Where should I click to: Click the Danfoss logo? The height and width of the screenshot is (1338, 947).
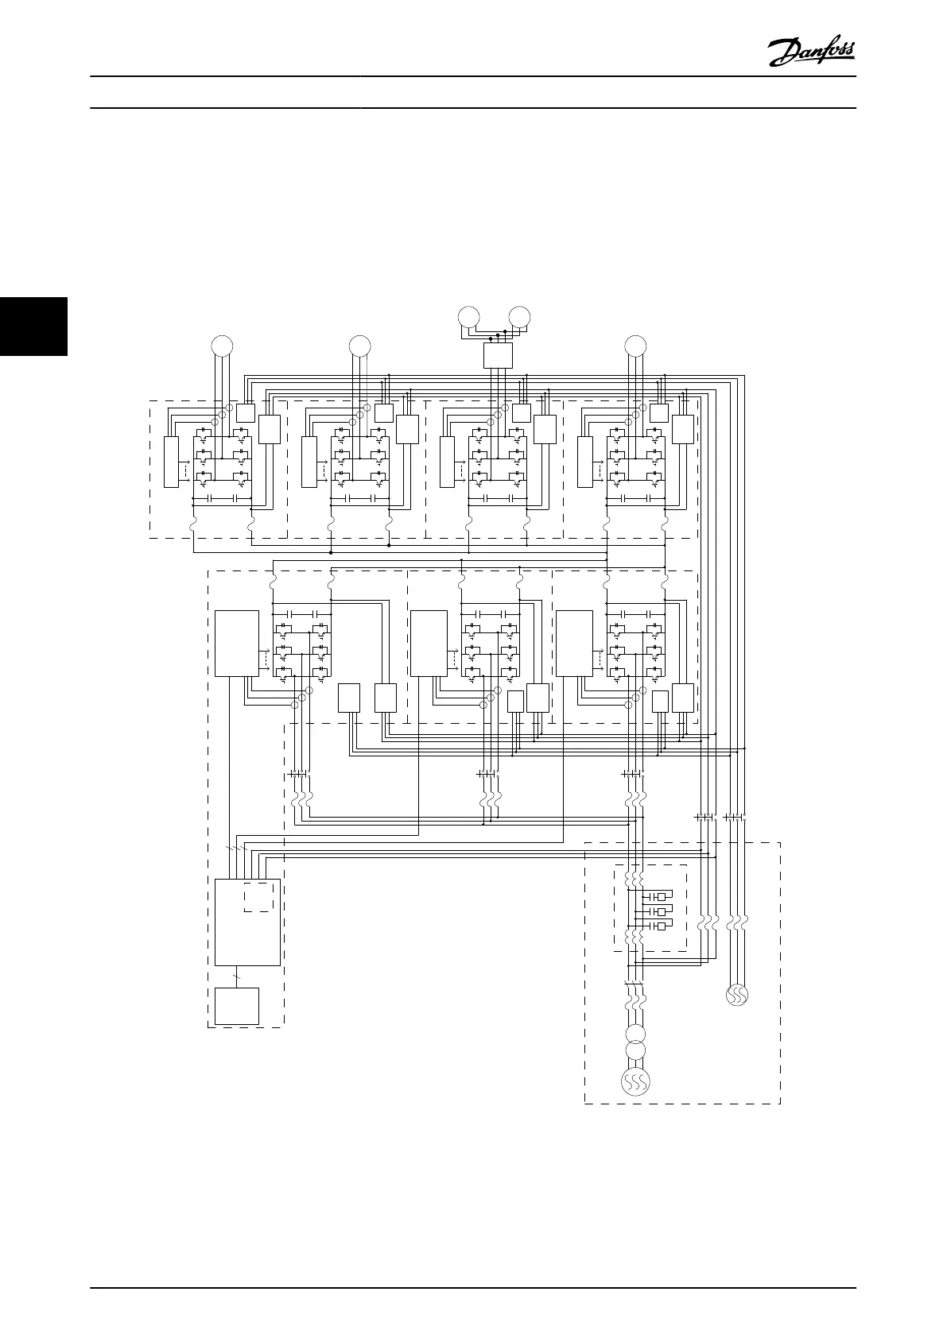click(812, 53)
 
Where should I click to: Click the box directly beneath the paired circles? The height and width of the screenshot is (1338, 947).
click(498, 355)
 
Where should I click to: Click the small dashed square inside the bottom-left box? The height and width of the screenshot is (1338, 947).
click(258, 895)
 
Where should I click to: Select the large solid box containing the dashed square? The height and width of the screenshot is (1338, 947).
click(247, 922)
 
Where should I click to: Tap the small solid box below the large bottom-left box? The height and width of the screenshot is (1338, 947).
click(237, 1006)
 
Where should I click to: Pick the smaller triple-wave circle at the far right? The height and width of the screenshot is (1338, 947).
click(737, 995)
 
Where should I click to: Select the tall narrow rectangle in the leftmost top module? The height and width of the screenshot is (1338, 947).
click(171, 462)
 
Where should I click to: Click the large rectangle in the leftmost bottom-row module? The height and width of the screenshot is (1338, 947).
click(236, 643)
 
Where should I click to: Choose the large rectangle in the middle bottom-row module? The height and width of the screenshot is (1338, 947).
click(429, 643)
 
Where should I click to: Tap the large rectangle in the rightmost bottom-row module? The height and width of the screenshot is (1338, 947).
click(574, 643)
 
